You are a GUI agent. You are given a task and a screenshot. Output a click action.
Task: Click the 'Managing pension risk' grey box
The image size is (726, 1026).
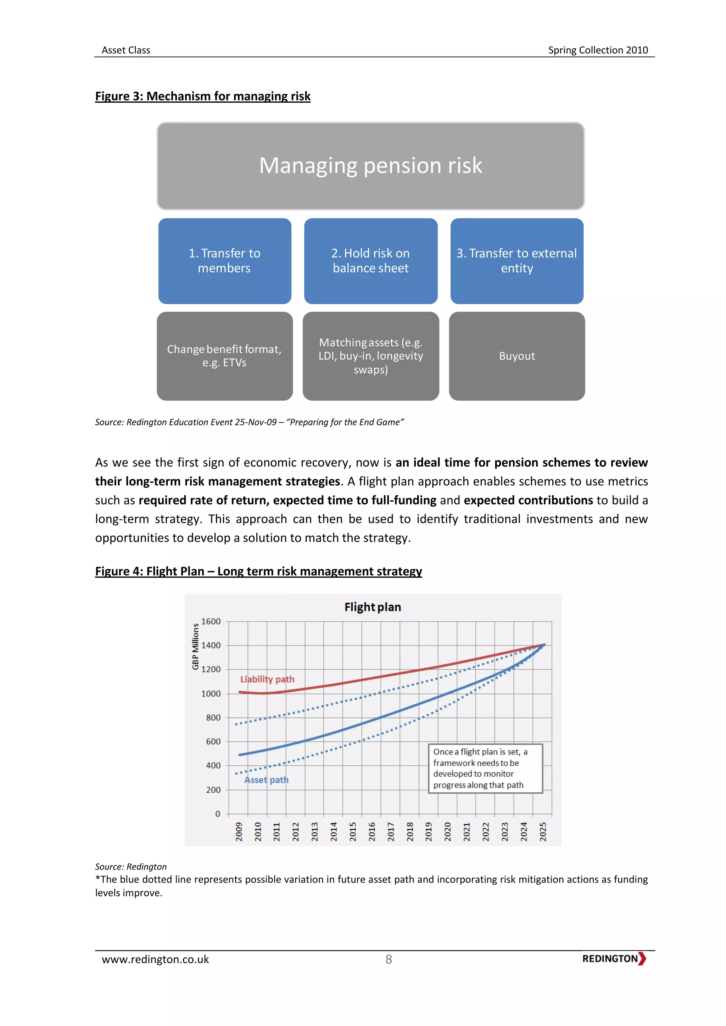tap(370, 166)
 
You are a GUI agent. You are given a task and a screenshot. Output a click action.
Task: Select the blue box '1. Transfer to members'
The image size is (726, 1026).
tap(224, 261)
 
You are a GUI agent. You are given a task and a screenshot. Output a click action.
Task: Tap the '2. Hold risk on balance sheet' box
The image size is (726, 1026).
tap(370, 261)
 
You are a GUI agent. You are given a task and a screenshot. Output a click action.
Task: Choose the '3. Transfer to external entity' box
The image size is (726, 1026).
tap(516, 261)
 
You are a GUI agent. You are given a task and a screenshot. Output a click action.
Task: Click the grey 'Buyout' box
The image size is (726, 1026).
tap(516, 356)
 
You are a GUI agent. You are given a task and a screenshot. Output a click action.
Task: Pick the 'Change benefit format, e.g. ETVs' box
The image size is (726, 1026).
tap(224, 356)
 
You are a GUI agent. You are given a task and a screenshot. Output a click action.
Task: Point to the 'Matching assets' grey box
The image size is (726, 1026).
tap(370, 356)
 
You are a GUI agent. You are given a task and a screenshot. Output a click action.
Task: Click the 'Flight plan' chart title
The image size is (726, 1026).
tap(372, 607)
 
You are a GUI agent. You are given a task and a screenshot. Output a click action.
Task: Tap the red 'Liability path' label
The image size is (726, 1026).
tap(267, 679)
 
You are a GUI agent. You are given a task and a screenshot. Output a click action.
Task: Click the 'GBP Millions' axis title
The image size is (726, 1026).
tap(195, 646)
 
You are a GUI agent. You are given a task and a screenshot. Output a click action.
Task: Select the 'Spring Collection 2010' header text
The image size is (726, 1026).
tap(598, 50)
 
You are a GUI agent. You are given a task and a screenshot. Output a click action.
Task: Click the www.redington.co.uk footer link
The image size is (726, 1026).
tap(155, 959)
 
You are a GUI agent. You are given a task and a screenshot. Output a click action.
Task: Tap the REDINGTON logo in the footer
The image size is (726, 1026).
tap(614, 959)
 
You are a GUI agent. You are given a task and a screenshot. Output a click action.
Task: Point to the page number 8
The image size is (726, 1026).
tap(389, 959)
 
